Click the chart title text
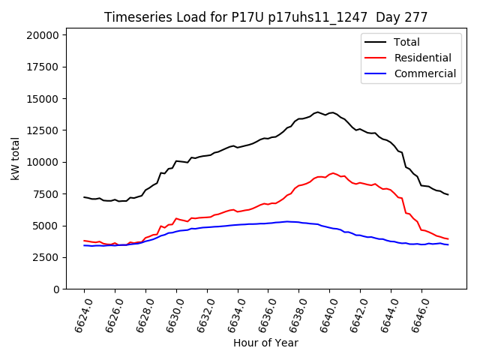[x=265, y=17]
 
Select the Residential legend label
[x=422, y=58]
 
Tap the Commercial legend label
[x=424, y=73]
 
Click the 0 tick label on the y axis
[x=56, y=289]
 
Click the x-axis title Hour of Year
[x=265, y=343]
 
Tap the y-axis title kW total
[x=16, y=159]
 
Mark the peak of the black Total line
[x=317, y=112]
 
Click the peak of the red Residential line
[x=334, y=173]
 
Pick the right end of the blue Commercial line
[x=448, y=244]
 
